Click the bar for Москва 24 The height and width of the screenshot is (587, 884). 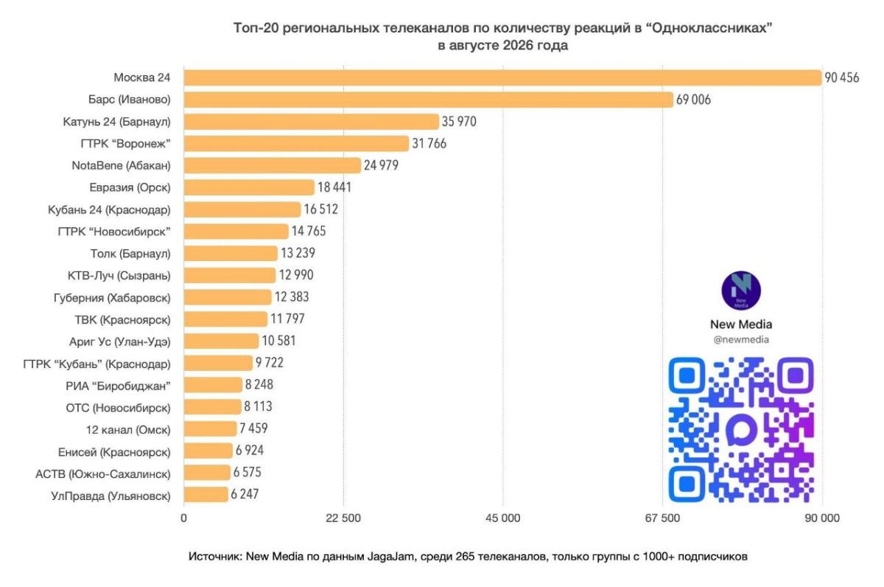click(x=502, y=77)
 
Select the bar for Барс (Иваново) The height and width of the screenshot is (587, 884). click(x=428, y=100)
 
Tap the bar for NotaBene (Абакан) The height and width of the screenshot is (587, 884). click(x=273, y=165)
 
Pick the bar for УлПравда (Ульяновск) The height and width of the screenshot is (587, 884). click(x=206, y=495)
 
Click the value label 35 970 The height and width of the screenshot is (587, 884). click(x=459, y=121)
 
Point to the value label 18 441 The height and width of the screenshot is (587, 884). click(x=334, y=187)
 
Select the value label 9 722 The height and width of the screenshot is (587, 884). click(x=269, y=363)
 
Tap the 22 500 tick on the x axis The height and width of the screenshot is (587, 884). click(x=343, y=518)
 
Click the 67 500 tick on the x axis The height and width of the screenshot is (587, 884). click(x=662, y=518)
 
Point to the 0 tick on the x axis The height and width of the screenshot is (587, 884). click(x=183, y=518)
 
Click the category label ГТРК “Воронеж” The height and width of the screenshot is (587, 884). click(x=125, y=143)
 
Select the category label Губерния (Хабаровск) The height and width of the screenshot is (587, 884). click(x=112, y=297)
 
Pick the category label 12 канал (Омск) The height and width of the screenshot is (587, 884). click(x=128, y=429)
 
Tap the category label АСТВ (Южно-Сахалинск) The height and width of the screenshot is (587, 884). click(x=103, y=473)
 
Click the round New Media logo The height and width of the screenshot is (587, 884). click(x=741, y=291)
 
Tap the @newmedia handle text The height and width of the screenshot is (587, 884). click(x=741, y=340)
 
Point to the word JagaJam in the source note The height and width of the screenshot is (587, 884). click(x=390, y=557)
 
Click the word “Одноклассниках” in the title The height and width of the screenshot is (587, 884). click(x=709, y=28)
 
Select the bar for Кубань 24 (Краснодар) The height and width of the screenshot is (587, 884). click(x=242, y=209)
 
